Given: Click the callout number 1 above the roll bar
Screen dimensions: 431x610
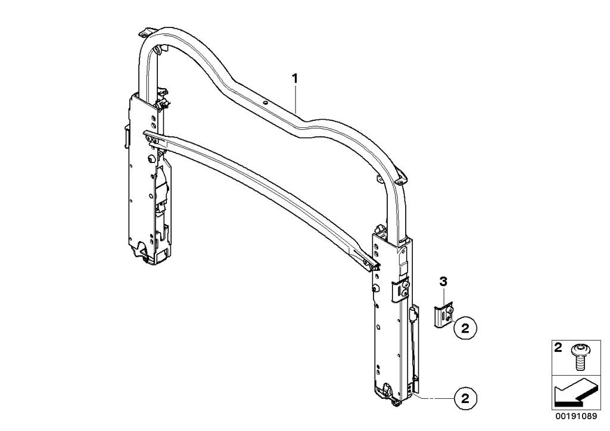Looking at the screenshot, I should (294, 78).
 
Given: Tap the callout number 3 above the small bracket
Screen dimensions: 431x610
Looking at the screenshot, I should (443, 281).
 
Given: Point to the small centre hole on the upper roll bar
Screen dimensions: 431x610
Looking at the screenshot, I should (266, 102).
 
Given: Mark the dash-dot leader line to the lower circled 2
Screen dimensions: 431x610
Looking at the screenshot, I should (432, 396).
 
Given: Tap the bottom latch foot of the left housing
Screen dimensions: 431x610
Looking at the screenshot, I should (141, 254).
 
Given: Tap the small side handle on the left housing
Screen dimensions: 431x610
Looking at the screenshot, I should (127, 136).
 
